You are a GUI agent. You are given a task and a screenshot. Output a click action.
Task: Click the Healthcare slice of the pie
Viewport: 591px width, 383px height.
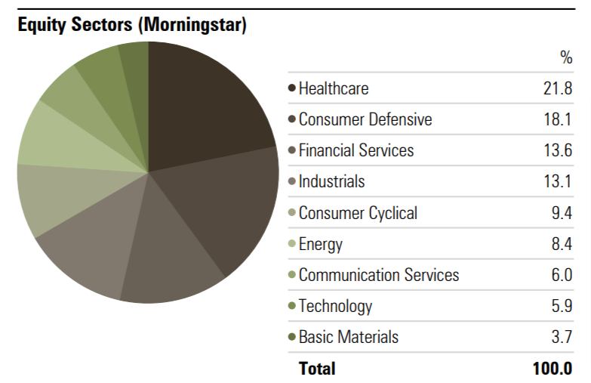coord(200,110)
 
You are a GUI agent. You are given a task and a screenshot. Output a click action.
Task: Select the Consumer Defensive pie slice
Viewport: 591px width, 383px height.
coord(223,204)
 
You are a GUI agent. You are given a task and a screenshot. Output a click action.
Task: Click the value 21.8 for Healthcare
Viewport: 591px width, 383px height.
coord(558,88)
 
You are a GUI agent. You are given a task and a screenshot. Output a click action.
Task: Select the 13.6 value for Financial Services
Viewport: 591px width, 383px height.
coord(558,150)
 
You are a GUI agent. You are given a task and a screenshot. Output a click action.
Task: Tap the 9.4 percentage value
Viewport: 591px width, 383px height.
coord(562,213)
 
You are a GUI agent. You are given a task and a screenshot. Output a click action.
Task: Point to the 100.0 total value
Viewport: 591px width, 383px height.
coord(553,369)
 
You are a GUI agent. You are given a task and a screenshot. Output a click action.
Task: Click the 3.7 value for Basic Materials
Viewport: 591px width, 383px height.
coord(562,337)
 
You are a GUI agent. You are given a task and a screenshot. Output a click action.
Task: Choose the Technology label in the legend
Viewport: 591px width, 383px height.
coord(335,306)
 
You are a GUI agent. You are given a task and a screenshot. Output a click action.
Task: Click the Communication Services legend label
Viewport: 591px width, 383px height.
coord(379,275)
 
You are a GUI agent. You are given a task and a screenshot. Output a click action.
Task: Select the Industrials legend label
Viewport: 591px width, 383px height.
coord(331,181)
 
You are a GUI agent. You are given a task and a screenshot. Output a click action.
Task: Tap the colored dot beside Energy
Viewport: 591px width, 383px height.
coord(292,243)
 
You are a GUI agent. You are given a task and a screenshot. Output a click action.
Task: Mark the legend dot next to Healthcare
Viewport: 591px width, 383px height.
coord(292,88)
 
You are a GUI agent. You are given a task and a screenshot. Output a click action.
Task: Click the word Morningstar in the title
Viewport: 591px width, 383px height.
coord(195,24)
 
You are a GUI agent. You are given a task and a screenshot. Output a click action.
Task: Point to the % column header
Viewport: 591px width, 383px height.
coord(566,57)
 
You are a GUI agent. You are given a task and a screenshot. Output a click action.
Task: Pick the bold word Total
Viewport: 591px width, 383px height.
coord(317,369)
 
